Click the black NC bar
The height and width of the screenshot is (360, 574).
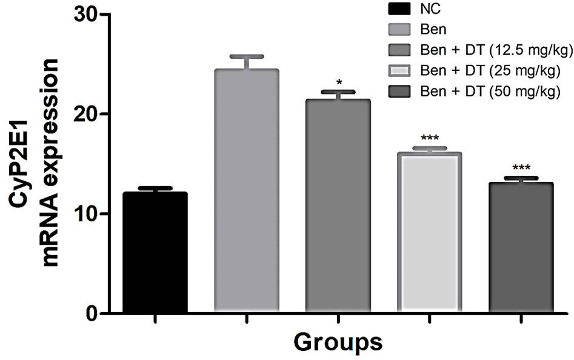(x=155, y=253)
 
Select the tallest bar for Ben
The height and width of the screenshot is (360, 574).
(x=247, y=191)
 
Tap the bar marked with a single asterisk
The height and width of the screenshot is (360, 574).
(x=338, y=206)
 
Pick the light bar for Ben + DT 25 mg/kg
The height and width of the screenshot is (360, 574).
(x=430, y=233)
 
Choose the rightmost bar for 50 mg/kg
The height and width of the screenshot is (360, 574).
(x=521, y=248)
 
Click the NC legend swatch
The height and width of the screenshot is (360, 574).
(x=399, y=8)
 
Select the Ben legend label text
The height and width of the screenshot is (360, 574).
(x=433, y=29)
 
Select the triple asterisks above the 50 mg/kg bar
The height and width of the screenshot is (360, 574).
(x=521, y=168)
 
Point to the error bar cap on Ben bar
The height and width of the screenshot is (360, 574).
(x=247, y=57)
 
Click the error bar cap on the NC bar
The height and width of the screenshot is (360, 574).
(x=155, y=188)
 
